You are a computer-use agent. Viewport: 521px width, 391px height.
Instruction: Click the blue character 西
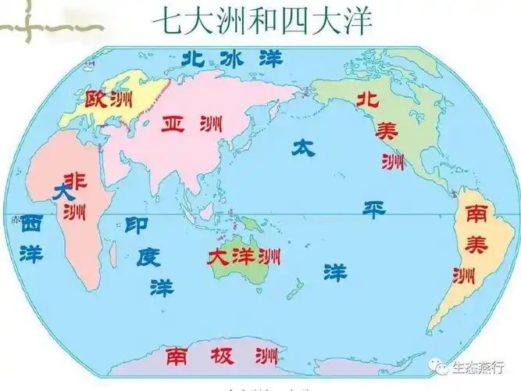31,224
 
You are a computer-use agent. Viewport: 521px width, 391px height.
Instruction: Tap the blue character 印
137,226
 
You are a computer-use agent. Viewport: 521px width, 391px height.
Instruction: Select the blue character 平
376,209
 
